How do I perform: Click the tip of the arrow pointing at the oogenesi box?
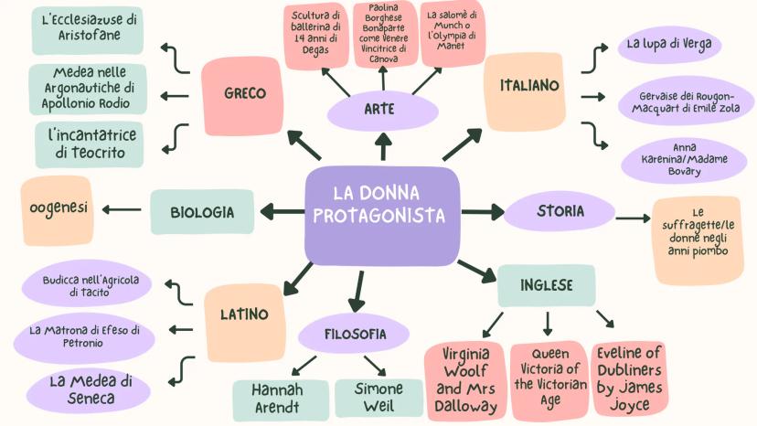[102, 209]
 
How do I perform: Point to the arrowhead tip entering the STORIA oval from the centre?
[505, 211]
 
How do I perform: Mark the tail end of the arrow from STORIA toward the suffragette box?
[616, 218]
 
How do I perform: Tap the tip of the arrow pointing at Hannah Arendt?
[293, 375]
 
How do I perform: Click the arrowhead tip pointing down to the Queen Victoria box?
[547, 336]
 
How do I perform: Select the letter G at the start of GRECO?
[229, 93]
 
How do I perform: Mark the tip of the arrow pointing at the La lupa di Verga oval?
[608, 48]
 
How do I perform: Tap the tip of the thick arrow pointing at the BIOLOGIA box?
[261, 211]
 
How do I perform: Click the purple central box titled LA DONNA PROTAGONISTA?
[382, 216]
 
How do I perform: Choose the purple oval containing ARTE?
[382, 110]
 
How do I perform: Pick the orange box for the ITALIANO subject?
[524, 91]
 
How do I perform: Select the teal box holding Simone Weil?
[378, 398]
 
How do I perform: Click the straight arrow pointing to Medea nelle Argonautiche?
[175, 96]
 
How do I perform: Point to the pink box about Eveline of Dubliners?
[630, 379]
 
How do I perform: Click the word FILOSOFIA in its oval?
[355, 334]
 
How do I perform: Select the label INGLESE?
[546, 285]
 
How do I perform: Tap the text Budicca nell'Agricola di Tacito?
[91, 286]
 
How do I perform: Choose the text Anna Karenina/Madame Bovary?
[684, 159]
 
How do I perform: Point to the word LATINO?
[244, 314]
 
